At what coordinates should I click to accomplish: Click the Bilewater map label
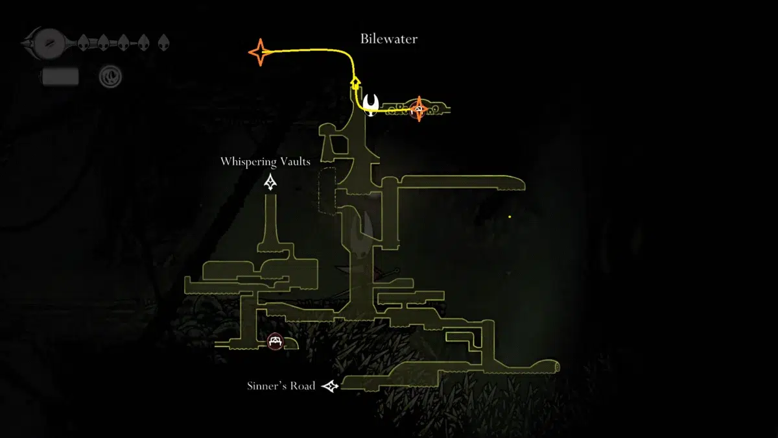click(389, 39)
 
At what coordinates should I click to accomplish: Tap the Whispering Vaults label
click(265, 162)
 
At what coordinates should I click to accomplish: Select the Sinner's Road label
click(281, 386)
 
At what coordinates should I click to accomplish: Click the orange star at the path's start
click(259, 52)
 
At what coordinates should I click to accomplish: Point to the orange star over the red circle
click(419, 108)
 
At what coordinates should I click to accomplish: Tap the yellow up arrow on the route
click(355, 82)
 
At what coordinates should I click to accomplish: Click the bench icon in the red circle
click(276, 341)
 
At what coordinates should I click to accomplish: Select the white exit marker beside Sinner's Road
click(331, 387)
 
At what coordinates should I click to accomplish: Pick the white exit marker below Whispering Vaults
click(271, 183)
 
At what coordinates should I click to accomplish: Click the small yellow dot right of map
click(510, 217)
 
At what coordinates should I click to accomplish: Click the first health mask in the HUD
click(84, 43)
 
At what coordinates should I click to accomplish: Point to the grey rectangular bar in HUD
click(60, 77)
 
